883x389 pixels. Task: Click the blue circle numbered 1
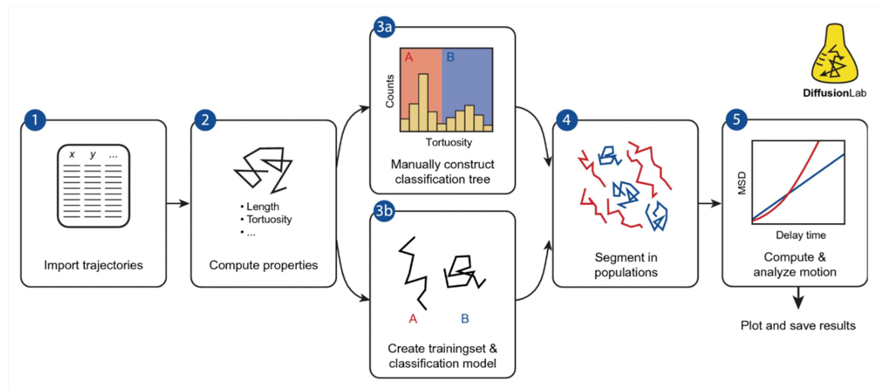pos(35,120)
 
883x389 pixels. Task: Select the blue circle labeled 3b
pos(384,211)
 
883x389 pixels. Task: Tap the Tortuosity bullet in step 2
pos(269,219)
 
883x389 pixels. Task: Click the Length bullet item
pos(262,207)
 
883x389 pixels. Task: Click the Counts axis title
pos(390,91)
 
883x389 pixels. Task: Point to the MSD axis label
pos(741,183)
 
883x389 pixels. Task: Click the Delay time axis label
pos(801,235)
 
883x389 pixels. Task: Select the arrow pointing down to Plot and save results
pos(798,298)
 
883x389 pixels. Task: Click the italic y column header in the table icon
pos(93,155)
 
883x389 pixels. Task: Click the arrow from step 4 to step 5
pos(710,203)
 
